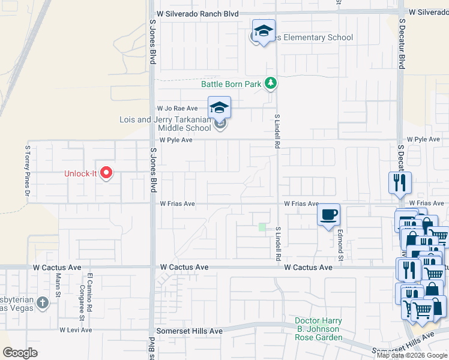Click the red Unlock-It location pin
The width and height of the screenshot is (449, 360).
pos(107,173)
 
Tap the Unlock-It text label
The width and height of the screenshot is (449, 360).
pos(81,174)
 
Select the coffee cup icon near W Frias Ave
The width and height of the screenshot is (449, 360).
pos(328,215)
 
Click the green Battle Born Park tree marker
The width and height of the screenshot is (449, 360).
pos(271,83)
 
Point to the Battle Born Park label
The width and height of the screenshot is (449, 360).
pos(231,85)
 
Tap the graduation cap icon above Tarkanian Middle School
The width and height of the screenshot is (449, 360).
pos(219,108)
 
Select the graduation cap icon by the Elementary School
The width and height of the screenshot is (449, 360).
pos(263,32)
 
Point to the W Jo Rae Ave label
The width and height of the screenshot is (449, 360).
pos(177,109)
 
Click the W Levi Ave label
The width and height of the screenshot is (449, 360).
pos(76,330)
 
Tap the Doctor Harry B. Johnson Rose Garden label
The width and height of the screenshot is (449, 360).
pos(318,329)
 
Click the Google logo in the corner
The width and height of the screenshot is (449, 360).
pos(20,353)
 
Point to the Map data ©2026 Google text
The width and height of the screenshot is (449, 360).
pos(412,355)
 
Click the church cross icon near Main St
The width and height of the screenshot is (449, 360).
pos(42,302)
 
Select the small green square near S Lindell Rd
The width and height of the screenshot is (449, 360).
pos(262,227)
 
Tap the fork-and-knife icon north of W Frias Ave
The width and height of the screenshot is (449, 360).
pos(400,182)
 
